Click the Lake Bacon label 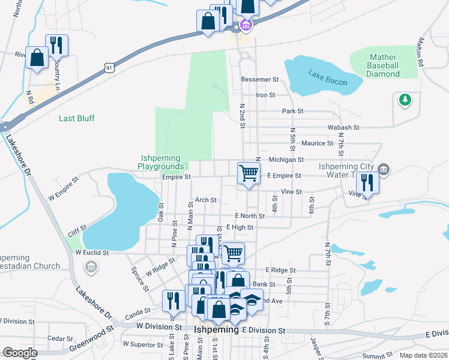coord(328,77)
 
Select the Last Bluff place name coord(77,118)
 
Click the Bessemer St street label coord(259,79)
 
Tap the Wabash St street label coord(343,128)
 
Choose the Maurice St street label coord(317,143)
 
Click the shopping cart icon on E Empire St coord(249,173)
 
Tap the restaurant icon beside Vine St coord(367,182)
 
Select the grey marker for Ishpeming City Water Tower coord(384,170)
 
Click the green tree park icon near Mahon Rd coord(406,100)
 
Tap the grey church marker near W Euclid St coord(91,267)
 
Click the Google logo coord(20,353)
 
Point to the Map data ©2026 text coord(423,355)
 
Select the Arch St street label coord(205,200)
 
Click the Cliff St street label coord(76,229)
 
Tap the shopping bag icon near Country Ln coord(37,59)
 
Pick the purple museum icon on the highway coord(245,25)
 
